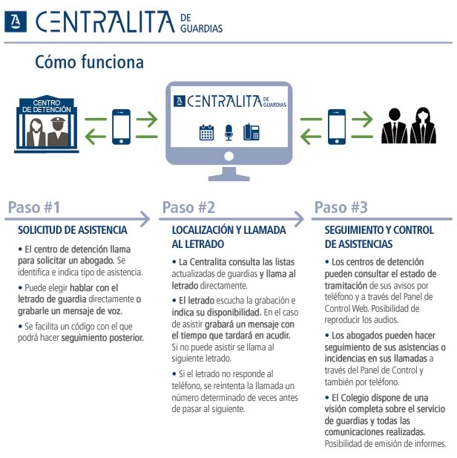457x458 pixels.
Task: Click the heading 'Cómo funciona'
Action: [x=89, y=62]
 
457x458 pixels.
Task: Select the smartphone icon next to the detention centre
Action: [x=121, y=126]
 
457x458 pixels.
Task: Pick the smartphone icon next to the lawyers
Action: [x=337, y=126]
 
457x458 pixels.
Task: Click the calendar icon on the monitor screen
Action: [x=206, y=133]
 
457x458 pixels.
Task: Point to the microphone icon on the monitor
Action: [x=228, y=132]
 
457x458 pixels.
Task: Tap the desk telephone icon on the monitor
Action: [x=251, y=132]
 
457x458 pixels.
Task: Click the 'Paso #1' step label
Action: [x=34, y=207]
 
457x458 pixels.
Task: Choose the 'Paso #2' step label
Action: [x=188, y=207]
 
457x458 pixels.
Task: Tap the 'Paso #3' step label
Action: [x=341, y=207]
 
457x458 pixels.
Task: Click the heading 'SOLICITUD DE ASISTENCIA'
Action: [x=73, y=230]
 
